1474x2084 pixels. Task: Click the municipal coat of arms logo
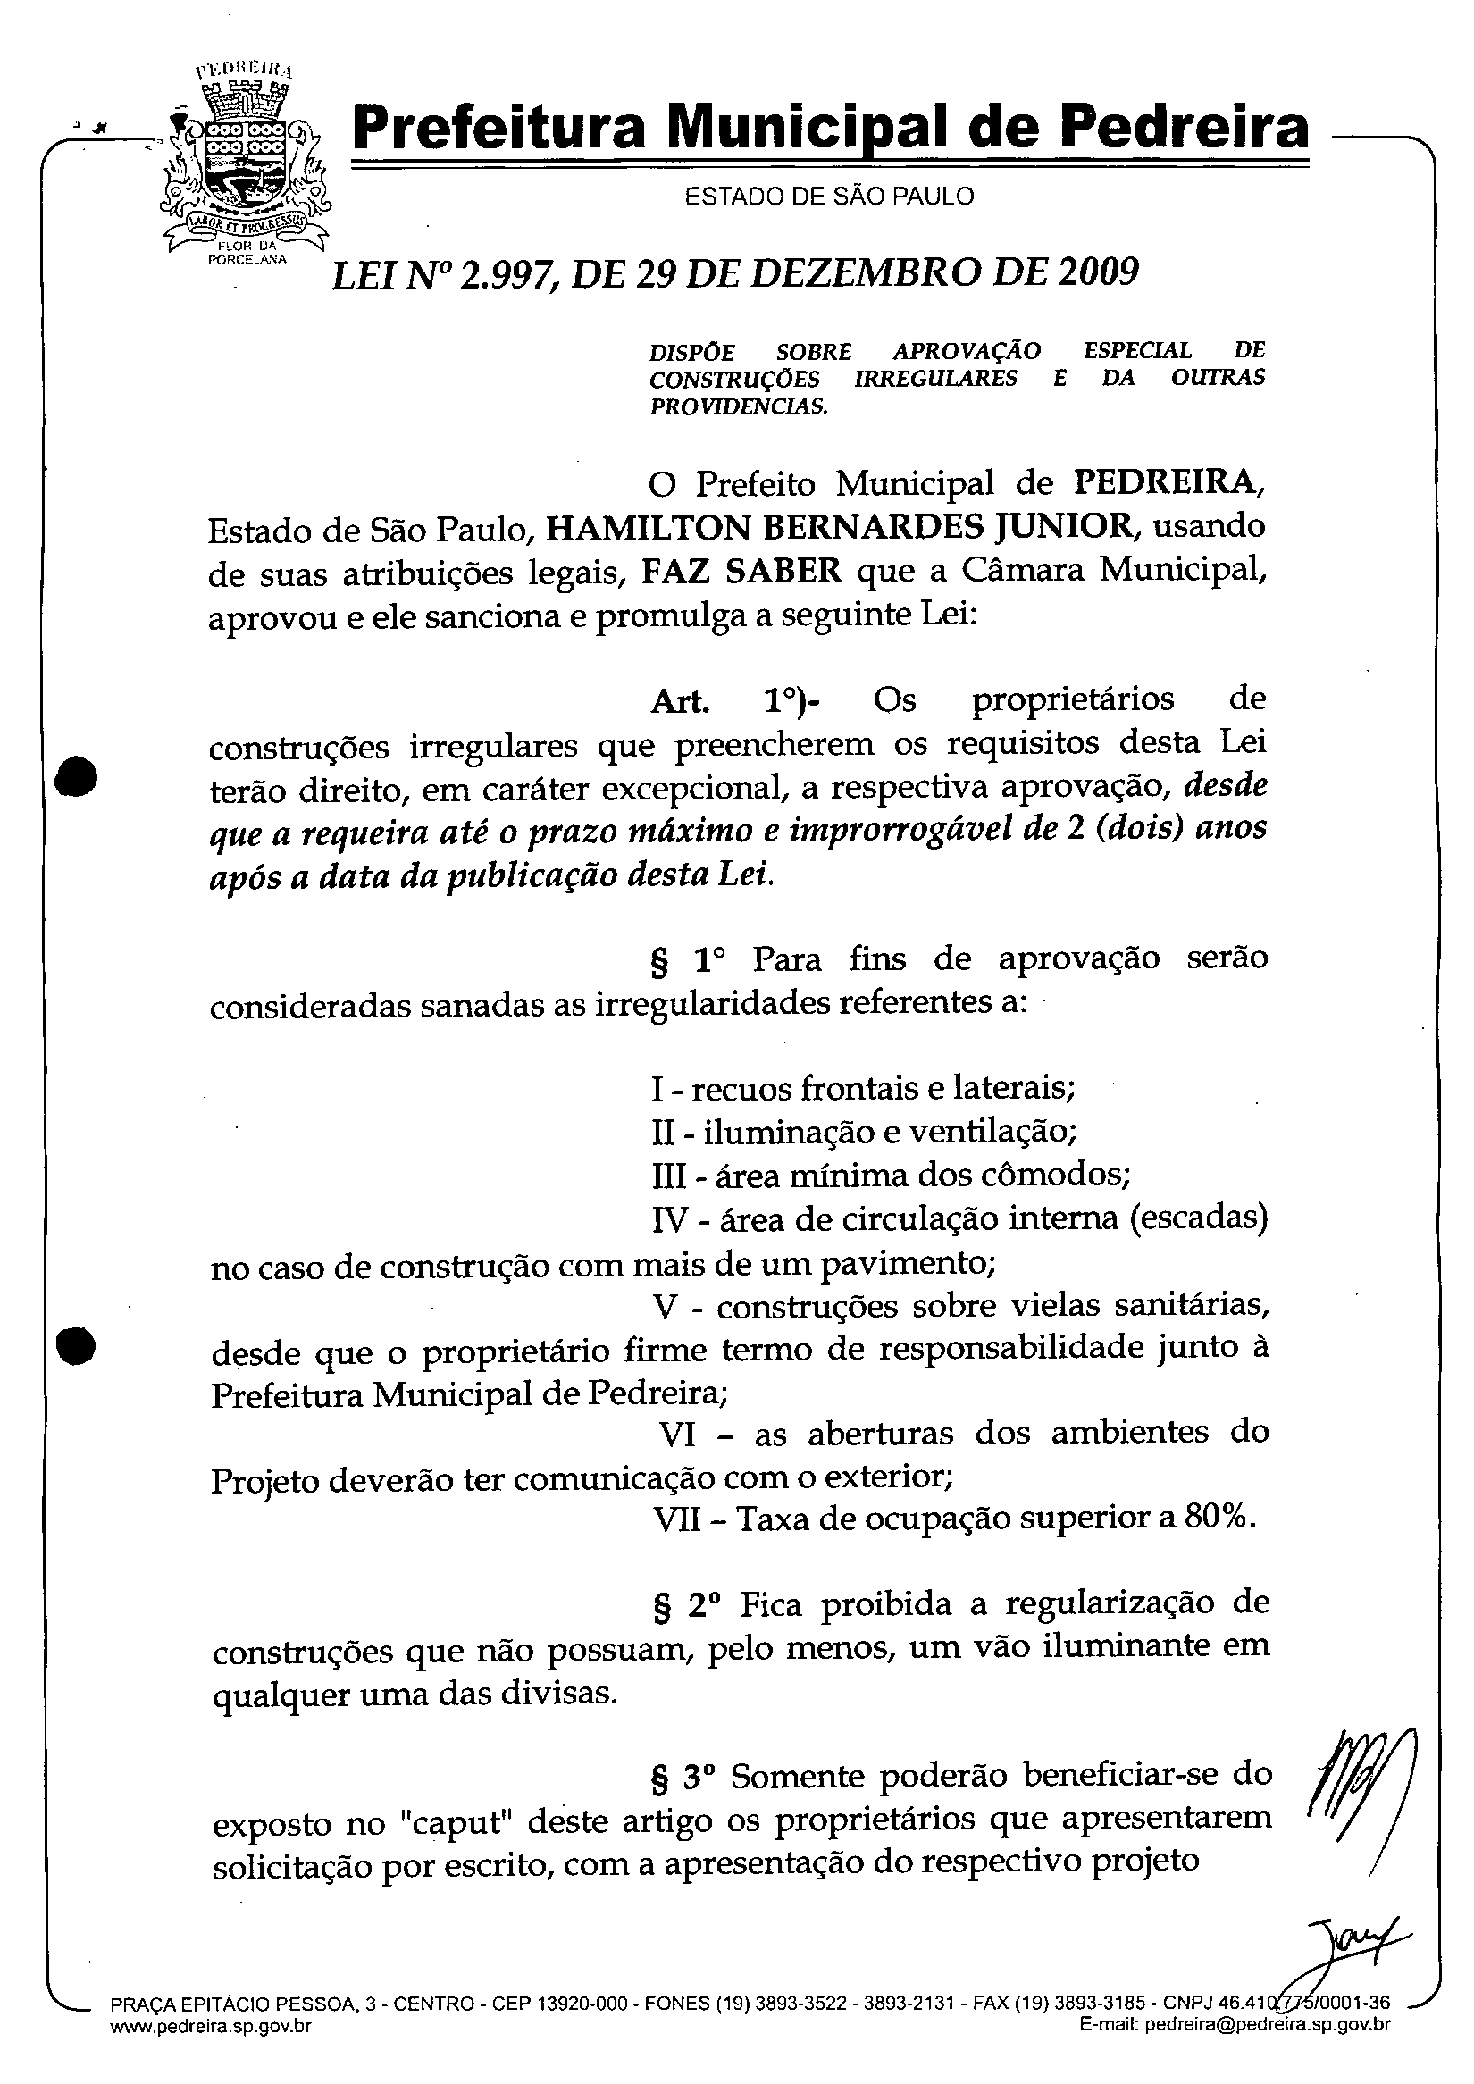(244, 163)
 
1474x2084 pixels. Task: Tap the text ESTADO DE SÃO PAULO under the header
(829, 196)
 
